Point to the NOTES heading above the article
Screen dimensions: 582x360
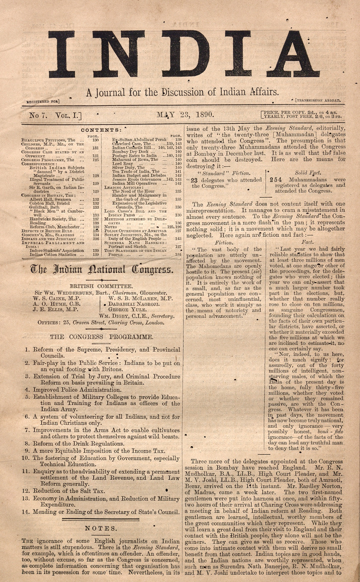pyautogui.click(x=101, y=528)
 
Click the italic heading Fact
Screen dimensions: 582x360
pyautogui.click(x=307, y=242)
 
